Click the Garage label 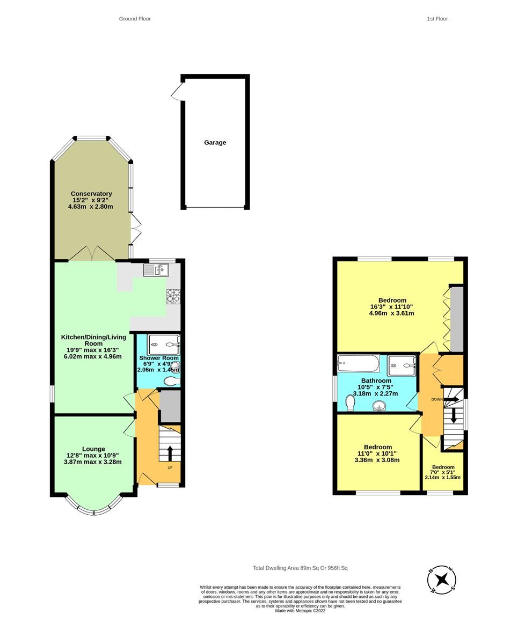pyautogui.click(x=215, y=143)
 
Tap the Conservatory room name pyautogui.click(x=91, y=194)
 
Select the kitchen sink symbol pyautogui.click(x=156, y=270)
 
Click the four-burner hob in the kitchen pyautogui.click(x=174, y=295)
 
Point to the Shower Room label pyautogui.click(x=158, y=358)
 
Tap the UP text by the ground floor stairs pyautogui.click(x=170, y=467)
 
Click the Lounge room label pyautogui.click(x=93, y=449)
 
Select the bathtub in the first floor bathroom pyautogui.click(x=358, y=364)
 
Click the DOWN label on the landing pyautogui.click(x=437, y=399)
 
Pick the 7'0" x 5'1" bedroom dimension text pyautogui.click(x=443, y=472)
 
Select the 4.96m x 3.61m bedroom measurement pyautogui.click(x=391, y=313)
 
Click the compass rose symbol pyautogui.click(x=442, y=580)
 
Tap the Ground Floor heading pyautogui.click(x=135, y=19)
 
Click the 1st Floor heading pyautogui.click(x=437, y=19)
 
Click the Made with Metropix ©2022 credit pyautogui.click(x=300, y=611)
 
